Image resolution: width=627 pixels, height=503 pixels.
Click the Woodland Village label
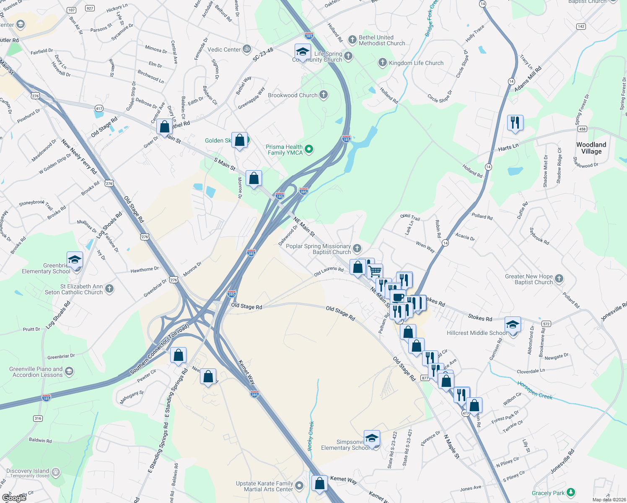[x=591, y=148]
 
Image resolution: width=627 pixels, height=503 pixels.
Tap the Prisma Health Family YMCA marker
[x=309, y=149]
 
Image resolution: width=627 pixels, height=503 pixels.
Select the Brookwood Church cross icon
[x=324, y=95]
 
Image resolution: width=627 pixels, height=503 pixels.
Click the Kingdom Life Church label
[x=416, y=63]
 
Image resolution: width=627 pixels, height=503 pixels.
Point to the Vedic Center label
[x=224, y=49]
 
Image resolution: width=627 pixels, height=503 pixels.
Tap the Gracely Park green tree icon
[x=570, y=492]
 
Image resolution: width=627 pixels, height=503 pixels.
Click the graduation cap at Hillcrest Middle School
[x=513, y=325]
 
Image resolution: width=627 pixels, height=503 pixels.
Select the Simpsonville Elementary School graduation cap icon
[x=372, y=438]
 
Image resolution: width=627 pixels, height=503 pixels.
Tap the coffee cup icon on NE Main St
[x=398, y=298]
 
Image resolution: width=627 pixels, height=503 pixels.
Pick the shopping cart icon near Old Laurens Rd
[x=375, y=271]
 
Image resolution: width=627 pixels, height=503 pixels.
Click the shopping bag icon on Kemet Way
[x=319, y=483]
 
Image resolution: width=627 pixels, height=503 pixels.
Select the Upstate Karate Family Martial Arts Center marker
[x=299, y=485]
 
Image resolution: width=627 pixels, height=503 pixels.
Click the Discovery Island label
[x=28, y=471]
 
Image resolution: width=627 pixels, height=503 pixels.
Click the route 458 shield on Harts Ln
[x=582, y=129]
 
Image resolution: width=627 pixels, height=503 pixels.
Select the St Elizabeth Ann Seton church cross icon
[x=109, y=288]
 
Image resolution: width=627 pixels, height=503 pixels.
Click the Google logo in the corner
[x=14, y=498]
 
